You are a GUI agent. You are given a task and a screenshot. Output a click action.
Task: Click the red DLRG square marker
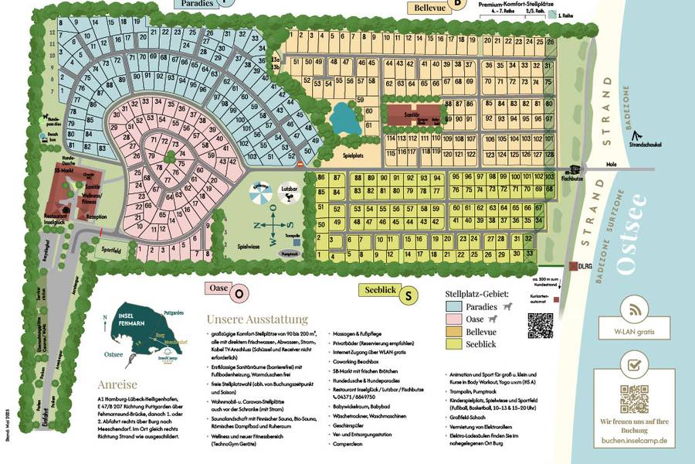pos(573,266)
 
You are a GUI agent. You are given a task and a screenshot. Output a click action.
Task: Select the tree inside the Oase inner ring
pos(168,158)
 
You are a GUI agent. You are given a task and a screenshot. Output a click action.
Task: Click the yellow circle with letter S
pos(410,295)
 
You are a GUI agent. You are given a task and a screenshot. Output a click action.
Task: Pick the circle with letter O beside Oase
pos(239,294)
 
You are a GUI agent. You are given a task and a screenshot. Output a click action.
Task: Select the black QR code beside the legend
pos(541,325)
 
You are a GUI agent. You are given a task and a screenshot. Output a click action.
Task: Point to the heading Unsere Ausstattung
pos(256,319)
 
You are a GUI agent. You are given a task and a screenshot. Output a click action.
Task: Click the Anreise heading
pos(117,384)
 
